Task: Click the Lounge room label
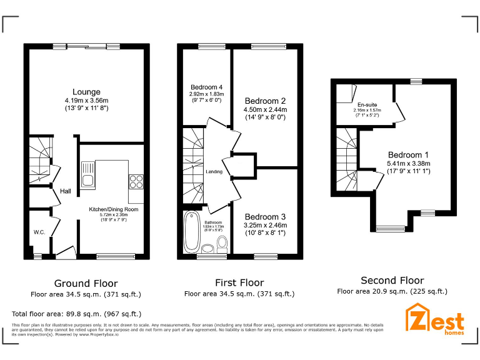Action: pos(86,92)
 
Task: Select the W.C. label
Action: pos(40,232)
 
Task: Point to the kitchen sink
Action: pos(87,174)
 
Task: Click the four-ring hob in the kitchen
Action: pos(136,181)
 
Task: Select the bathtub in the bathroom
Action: pos(191,232)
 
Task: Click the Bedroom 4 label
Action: pos(206,87)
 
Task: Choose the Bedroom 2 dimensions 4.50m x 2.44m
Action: pos(266,110)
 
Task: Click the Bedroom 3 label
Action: pos(266,216)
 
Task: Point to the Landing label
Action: pos(214,171)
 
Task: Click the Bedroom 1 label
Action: pos(409,155)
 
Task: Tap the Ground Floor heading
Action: pos(86,283)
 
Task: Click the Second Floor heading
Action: pos(392,281)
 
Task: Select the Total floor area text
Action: pos(77,314)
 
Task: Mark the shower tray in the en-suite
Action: pos(343,94)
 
